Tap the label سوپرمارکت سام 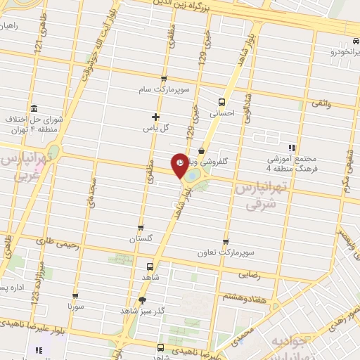point(164,89)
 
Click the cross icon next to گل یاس point(156,117)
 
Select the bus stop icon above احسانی point(224,101)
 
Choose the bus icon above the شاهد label point(149,266)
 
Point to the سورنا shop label point(75,307)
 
